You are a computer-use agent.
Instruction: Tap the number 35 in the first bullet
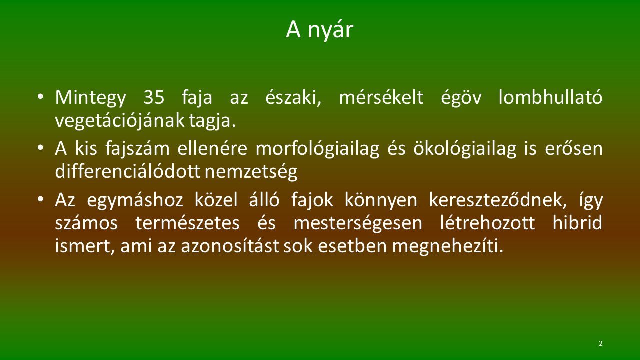pyautogui.click(x=154, y=97)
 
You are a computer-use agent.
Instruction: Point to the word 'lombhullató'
pyautogui.click(x=550, y=97)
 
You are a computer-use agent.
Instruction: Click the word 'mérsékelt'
pyautogui.click(x=381, y=97)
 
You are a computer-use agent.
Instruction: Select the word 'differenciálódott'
pyautogui.click(x=127, y=171)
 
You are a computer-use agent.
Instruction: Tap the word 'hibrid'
pyautogui.click(x=577, y=222)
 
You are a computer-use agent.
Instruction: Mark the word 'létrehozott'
pyautogui.click(x=487, y=222)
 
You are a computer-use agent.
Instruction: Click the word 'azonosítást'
pyautogui.click(x=230, y=245)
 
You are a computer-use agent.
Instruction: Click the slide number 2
pyautogui.click(x=600, y=343)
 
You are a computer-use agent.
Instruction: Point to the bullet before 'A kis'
pyautogui.click(x=40, y=147)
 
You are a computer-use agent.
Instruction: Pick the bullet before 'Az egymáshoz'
pyautogui.click(x=40, y=199)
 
